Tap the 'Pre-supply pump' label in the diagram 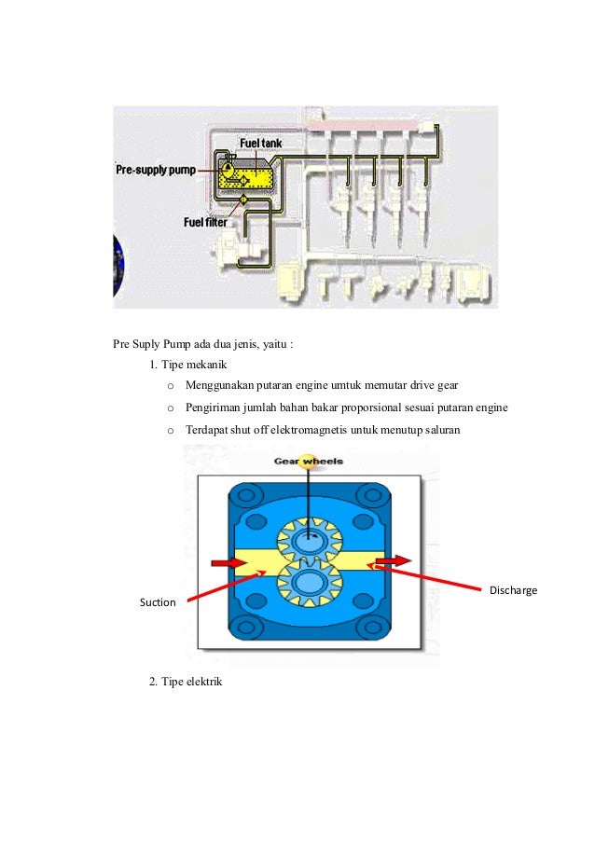tap(155, 171)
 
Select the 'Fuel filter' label tap(205, 222)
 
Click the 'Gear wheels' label tap(308, 461)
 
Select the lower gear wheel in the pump tap(307, 583)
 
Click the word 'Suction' tap(158, 602)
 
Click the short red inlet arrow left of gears tap(225, 562)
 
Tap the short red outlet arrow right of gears tap(392, 561)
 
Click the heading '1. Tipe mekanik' tap(187, 364)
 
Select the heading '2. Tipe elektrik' tap(186, 682)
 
